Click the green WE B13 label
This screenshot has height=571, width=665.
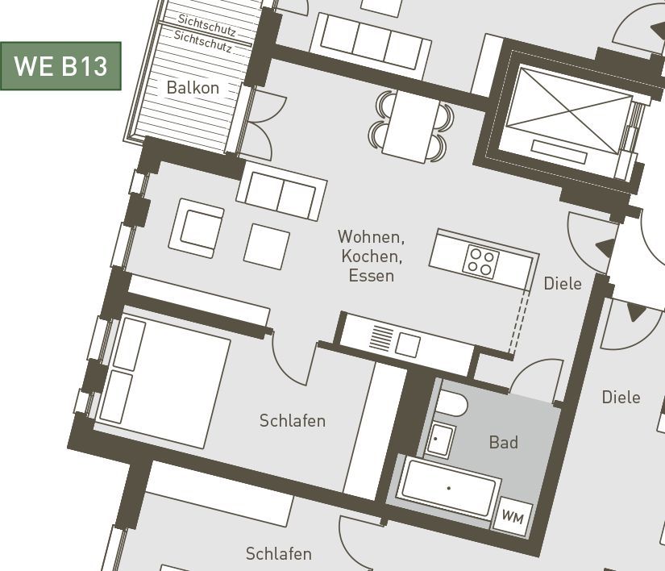60,66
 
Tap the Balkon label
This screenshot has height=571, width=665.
193,87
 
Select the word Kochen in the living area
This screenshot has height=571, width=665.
372,256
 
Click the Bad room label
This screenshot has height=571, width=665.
504,442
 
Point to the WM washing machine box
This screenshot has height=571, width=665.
513,516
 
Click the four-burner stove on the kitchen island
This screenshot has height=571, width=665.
481,262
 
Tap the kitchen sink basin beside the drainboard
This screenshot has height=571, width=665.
408,344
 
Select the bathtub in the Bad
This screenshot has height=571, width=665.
450,488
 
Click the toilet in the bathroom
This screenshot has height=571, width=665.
451,402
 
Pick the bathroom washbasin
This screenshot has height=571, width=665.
439,440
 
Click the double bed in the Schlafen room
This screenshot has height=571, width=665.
163,382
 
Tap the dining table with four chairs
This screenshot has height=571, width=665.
411,126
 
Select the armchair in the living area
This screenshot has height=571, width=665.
197,229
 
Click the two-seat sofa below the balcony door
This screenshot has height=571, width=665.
281,196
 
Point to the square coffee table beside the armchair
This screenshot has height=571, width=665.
267,247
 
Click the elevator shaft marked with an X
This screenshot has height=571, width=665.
569,111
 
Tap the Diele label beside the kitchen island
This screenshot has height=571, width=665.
563,283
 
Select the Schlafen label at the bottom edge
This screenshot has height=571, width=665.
279,553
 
